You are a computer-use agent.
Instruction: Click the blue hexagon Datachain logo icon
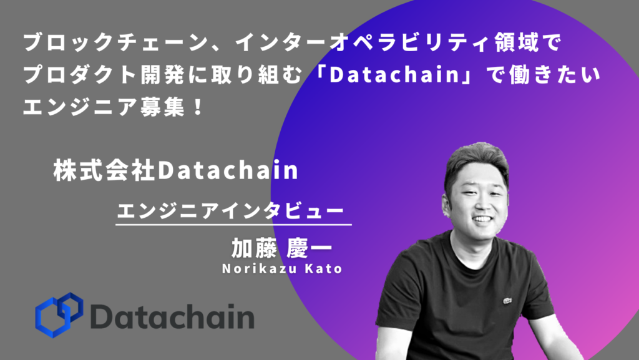point(59,314)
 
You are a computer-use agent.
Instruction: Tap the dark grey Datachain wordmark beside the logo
point(172,316)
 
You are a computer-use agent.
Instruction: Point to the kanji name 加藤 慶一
point(282,248)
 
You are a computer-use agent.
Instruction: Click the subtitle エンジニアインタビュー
point(231,210)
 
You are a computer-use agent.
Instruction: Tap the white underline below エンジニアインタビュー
point(233,225)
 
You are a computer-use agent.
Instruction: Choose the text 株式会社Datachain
point(175,170)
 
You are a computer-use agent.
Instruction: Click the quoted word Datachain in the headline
point(394,74)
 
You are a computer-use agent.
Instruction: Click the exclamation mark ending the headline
point(198,107)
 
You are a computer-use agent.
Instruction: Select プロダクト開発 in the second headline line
point(105,75)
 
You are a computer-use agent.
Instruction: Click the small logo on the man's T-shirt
point(507,301)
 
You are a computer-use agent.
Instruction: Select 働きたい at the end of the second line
point(555,75)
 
